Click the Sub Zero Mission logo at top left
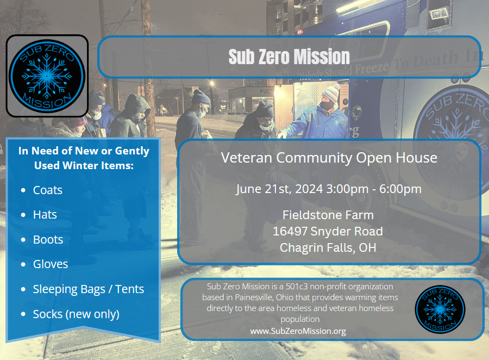pos(47,76)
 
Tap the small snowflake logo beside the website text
pos(440,309)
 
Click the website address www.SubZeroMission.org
pos(298,331)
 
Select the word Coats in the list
pos(48,190)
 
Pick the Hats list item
pos(45,214)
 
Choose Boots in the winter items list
pos(48,239)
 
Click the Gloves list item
pos(51,264)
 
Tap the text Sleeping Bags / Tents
pos(89,289)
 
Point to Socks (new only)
pos(76,314)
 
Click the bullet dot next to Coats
pos(23,190)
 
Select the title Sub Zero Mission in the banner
pos(289,57)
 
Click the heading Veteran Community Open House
pos(329,158)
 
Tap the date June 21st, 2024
pos(279,189)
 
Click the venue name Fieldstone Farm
pos(328,215)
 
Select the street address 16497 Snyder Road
pos(328,231)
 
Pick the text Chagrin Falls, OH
pos(328,247)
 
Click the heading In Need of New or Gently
pos(84,151)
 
